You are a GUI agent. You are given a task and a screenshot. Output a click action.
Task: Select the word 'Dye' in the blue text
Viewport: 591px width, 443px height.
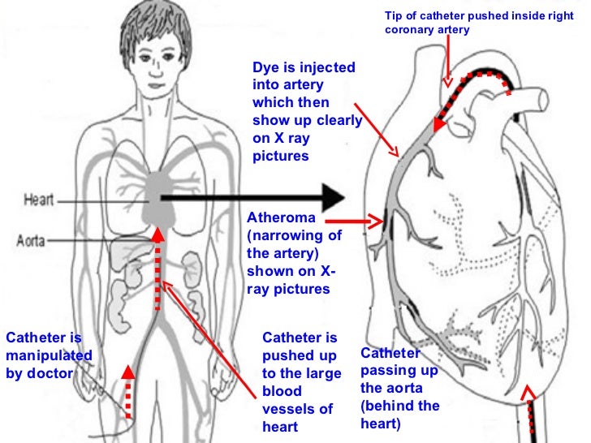click(265, 68)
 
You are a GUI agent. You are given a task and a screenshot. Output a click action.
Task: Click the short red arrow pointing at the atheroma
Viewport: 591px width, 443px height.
click(374, 220)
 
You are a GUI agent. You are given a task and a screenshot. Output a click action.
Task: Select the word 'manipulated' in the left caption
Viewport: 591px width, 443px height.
click(49, 355)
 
